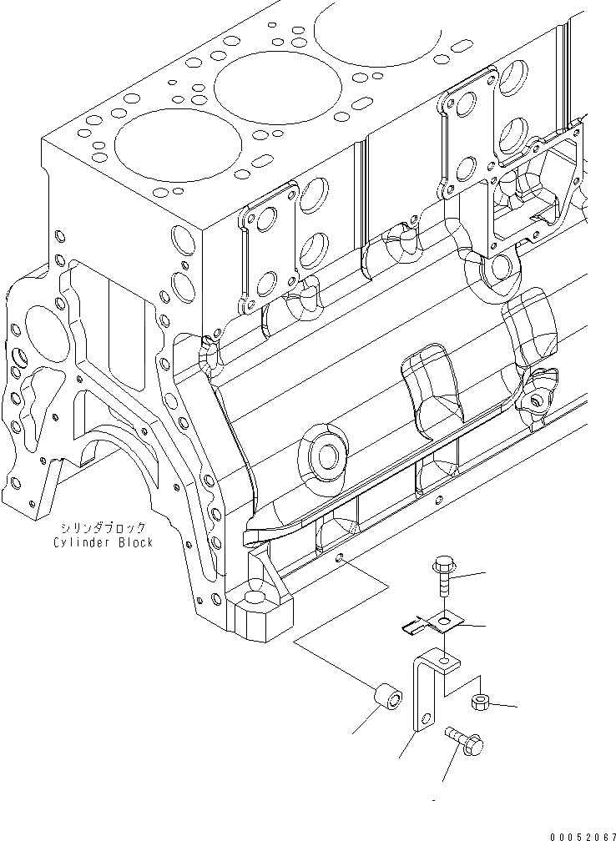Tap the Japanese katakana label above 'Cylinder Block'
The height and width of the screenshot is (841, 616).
pos(102,528)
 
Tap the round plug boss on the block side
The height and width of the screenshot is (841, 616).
pos(324,455)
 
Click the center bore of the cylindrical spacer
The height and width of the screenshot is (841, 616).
pos(393,692)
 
